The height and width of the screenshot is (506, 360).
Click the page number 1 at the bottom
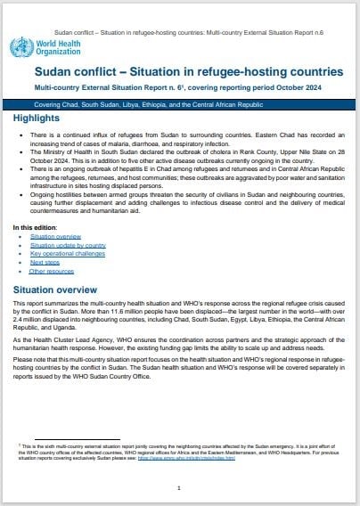[x=179, y=487]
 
